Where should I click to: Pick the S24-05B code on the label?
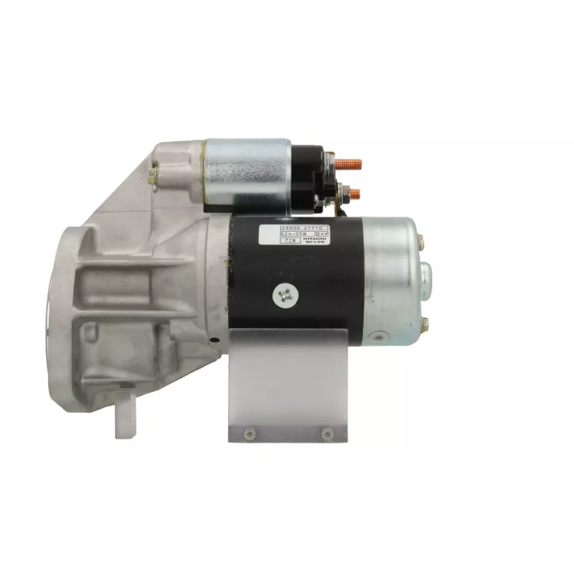(296, 233)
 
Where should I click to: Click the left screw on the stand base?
(248, 433)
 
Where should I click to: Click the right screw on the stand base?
(326, 433)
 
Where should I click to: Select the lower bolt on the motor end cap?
(423, 324)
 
